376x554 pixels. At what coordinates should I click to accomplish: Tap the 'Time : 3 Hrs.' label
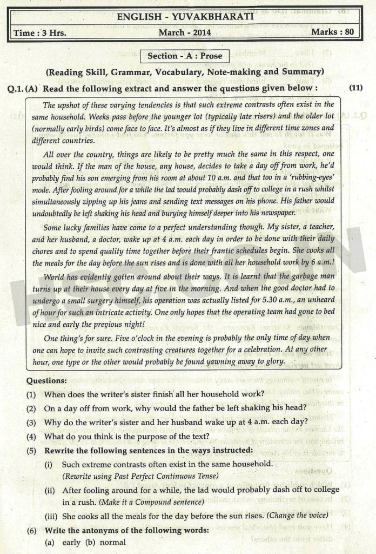point(39,32)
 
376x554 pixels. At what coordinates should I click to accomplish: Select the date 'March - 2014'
point(184,32)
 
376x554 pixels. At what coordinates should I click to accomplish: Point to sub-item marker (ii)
point(51,490)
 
